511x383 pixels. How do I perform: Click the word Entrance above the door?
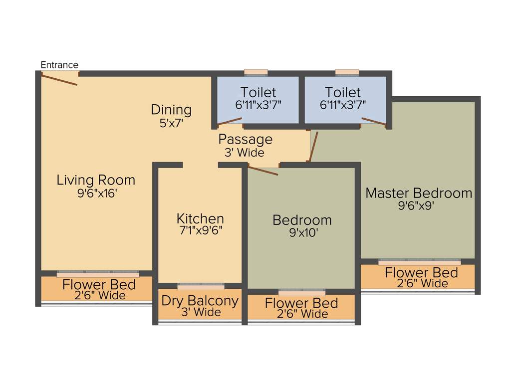click(59, 65)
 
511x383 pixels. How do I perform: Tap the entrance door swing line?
click(59, 79)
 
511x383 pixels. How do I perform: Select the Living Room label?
click(96, 180)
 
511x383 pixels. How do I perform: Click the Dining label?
click(171, 109)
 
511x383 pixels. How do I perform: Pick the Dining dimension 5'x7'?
click(171, 123)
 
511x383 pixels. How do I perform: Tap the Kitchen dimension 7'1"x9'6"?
click(200, 230)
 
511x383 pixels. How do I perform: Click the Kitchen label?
click(200, 218)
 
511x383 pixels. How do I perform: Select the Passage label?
click(245, 139)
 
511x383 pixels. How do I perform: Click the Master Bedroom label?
click(419, 193)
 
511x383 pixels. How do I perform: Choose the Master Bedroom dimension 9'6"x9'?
click(419, 205)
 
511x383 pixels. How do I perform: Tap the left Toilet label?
click(258, 92)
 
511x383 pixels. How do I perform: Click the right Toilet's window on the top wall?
click(347, 72)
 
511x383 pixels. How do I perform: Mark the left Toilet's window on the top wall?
click(255, 72)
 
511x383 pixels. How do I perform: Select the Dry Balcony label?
click(200, 301)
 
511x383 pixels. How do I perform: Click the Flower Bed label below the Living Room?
click(99, 285)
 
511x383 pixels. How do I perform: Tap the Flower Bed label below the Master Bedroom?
click(421, 273)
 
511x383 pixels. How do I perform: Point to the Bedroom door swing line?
click(263, 171)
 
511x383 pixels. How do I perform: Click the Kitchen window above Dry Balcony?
click(201, 286)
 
